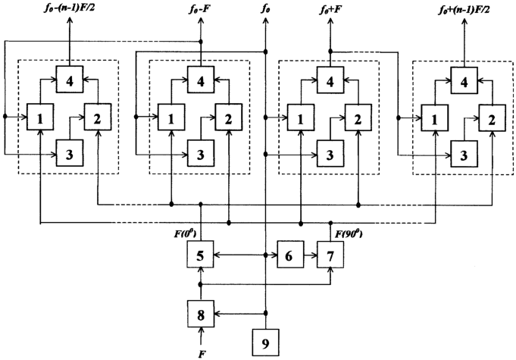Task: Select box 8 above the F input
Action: [201, 311]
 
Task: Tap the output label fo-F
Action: [201, 9]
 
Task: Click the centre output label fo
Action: [266, 9]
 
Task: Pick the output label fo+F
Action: [330, 9]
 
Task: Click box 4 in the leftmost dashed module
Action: [70, 77]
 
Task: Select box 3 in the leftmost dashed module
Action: [70, 155]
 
